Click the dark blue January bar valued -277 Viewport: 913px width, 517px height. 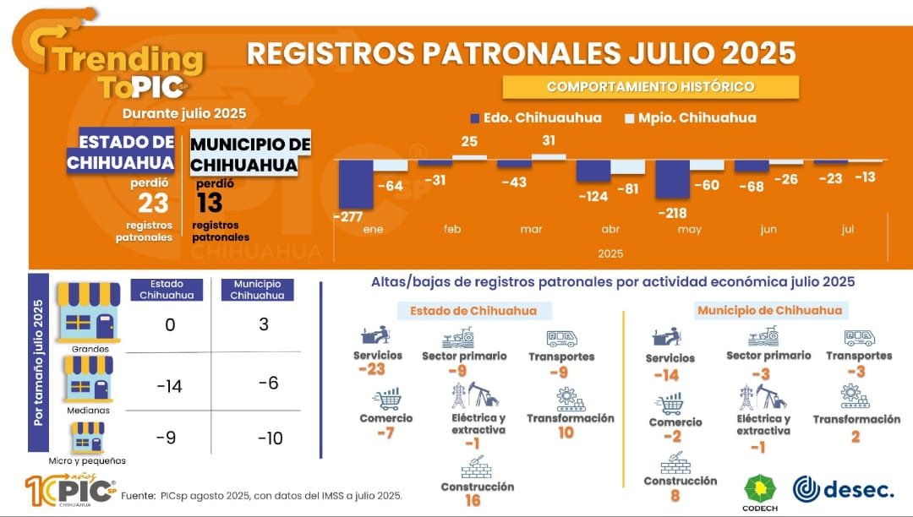[355, 183]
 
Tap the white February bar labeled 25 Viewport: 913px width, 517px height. [469, 157]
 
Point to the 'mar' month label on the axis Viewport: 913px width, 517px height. [531, 230]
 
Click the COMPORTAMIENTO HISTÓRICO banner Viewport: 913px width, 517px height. [650, 87]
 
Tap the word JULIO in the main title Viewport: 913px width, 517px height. [673, 53]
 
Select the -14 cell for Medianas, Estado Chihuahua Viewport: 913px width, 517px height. [169, 386]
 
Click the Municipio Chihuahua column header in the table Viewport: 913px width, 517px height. [256, 290]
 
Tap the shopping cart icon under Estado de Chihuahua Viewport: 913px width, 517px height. [386, 398]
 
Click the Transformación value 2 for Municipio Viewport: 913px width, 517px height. [856, 436]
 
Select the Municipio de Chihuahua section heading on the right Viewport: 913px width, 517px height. [769, 310]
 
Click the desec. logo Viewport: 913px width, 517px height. [843, 489]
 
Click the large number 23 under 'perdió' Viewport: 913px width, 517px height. [153, 204]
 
